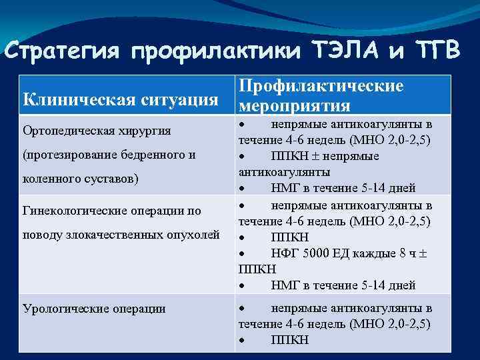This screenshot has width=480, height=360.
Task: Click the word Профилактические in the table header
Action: click(321, 87)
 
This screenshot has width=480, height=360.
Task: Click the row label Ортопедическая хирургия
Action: click(97, 130)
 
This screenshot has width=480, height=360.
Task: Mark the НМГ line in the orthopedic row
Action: click(343, 188)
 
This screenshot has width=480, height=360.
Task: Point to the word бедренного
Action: click(153, 155)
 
